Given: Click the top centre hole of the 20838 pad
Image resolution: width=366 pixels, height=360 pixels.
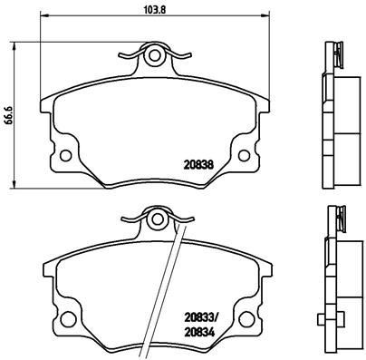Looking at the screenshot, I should click(155, 57).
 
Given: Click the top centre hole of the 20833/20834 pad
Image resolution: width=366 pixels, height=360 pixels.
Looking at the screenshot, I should click(156, 218).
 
